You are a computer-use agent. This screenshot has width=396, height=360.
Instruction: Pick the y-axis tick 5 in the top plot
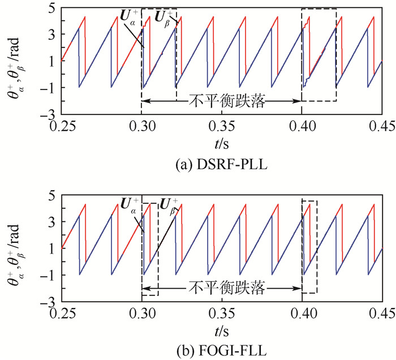coord(50,7)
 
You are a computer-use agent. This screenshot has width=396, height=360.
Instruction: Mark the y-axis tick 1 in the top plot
coord(50,61)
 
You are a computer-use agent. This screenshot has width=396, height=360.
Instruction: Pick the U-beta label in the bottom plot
coord(169,204)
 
